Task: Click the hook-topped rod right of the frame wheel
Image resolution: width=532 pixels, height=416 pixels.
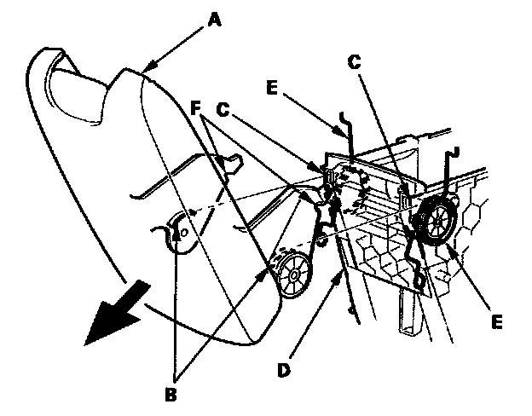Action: point(450,170)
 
